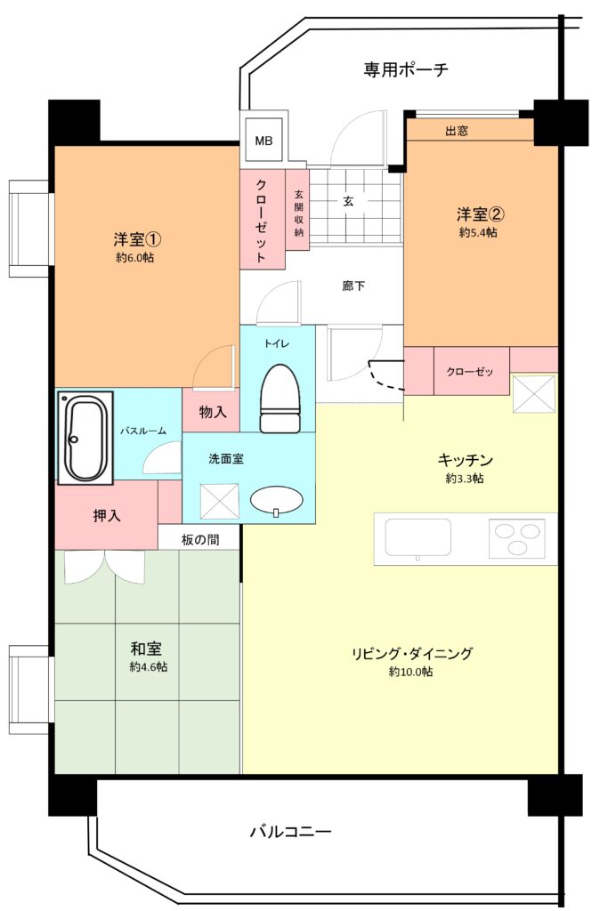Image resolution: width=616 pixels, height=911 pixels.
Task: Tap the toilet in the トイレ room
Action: [280, 399]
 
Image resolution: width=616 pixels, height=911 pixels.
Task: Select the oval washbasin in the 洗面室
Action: [277, 501]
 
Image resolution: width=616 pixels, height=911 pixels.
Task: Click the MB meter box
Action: [263, 140]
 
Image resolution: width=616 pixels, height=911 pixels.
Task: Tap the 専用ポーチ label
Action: [406, 69]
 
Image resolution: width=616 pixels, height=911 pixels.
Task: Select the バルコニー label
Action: [290, 832]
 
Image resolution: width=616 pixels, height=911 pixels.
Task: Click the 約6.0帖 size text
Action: [134, 257]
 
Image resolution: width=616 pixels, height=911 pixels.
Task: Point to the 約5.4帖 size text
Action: [478, 232]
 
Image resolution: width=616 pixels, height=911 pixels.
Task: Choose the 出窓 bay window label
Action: [457, 131]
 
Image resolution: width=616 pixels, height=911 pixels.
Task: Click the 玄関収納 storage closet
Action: [297, 210]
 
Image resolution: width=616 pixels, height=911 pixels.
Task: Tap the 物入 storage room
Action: [212, 410]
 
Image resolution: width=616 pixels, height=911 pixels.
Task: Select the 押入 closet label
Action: [107, 515]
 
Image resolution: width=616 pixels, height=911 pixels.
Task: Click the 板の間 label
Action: [200, 540]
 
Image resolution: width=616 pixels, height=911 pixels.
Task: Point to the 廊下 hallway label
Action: [353, 286]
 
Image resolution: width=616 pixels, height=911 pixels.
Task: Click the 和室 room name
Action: [146, 649]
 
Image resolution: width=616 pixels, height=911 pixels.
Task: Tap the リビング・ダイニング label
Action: [411, 654]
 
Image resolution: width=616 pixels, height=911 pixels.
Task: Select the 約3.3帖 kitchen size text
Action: [465, 479]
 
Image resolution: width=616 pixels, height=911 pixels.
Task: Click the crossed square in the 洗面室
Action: [220, 501]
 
